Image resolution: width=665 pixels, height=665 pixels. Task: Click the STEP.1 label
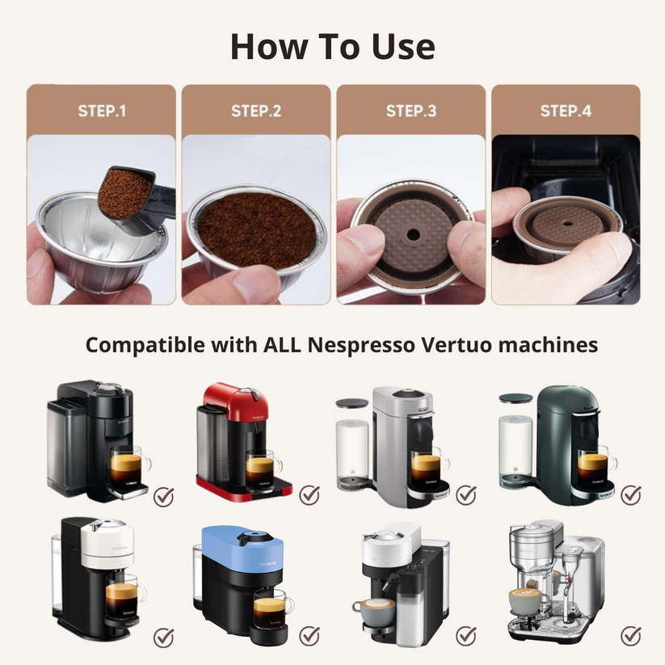(102, 111)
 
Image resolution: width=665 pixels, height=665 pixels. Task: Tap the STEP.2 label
(256, 111)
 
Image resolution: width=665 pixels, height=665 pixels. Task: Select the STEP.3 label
(410, 111)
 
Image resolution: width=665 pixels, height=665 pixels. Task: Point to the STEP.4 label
(566, 111)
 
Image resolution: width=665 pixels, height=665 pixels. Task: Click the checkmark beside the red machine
(309, 495)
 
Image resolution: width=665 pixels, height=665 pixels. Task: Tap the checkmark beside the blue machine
(309, 636)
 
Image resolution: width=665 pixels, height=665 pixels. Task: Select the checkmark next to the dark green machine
(630, 495)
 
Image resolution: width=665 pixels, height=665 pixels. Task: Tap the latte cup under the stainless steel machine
(525, 602)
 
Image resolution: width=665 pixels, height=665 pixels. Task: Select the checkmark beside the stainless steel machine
(630, 636)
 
